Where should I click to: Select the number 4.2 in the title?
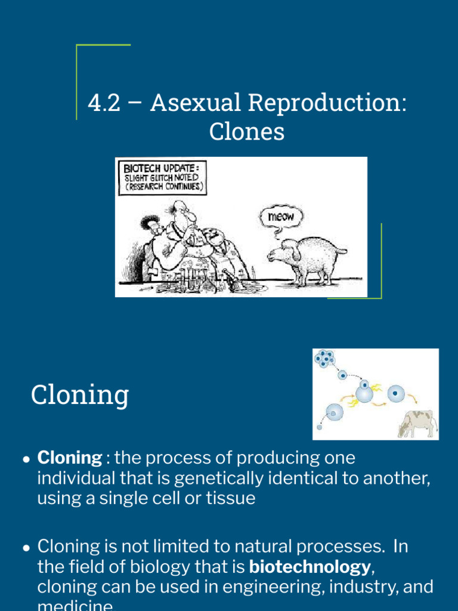105,103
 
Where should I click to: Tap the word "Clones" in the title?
246,132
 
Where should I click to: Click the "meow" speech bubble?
281,217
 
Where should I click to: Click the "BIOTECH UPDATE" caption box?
162,177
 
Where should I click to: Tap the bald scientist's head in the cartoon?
178,209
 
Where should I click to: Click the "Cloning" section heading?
80,394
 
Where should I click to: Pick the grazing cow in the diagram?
417,423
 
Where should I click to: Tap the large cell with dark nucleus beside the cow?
395,394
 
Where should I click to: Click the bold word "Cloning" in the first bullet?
70,458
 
